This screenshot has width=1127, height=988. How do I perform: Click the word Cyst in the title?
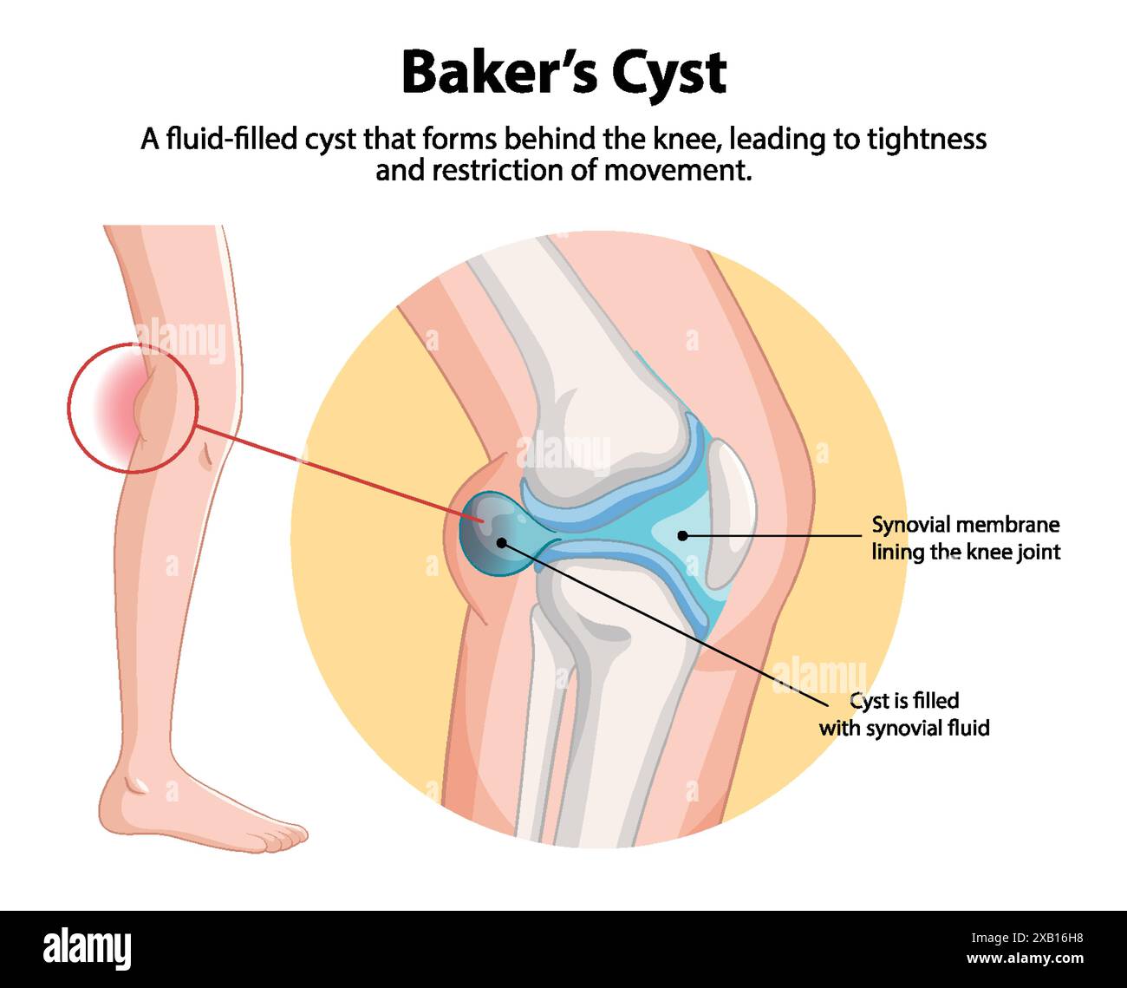(x=669, y=73)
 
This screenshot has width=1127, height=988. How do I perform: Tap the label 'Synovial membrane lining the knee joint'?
(x=966, y=538)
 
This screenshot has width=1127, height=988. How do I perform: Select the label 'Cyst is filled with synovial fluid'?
(x=904, y=714)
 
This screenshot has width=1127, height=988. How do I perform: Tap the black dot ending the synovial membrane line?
(x=683, y=535)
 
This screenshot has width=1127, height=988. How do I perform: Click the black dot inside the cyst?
(x=501, y=542)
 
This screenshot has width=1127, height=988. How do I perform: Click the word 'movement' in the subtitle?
(x=677, y=170)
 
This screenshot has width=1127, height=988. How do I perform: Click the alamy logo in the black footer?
(x=88, y=949)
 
